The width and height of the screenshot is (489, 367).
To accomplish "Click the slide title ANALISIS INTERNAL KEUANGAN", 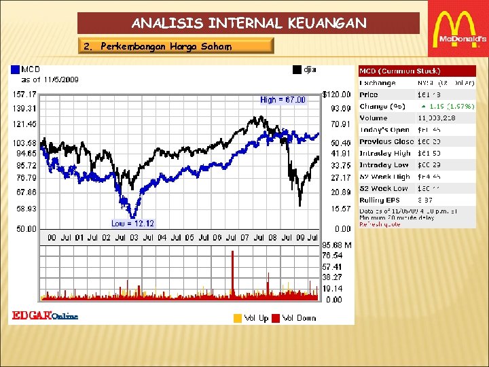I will point(249,23).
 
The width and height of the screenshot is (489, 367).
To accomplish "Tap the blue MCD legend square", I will point(15,69).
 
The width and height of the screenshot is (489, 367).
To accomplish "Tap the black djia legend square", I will point(296,69).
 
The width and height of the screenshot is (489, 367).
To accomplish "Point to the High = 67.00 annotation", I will point(283,100).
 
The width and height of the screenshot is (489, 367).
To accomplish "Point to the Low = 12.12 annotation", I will point(133,224).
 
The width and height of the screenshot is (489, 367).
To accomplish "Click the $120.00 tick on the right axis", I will point(336,94).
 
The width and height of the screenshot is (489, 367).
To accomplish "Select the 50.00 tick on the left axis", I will point(27,229).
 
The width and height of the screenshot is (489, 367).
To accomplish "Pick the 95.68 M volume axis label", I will point(336,245).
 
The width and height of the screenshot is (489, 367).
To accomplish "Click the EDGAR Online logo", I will point(45,315).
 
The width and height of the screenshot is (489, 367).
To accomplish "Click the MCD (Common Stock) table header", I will point(399,71).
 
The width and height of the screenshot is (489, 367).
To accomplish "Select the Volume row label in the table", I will point(374,118).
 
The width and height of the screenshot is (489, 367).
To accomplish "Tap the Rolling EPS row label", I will point(380,200).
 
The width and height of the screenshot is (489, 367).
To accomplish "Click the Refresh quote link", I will point(380,224).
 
